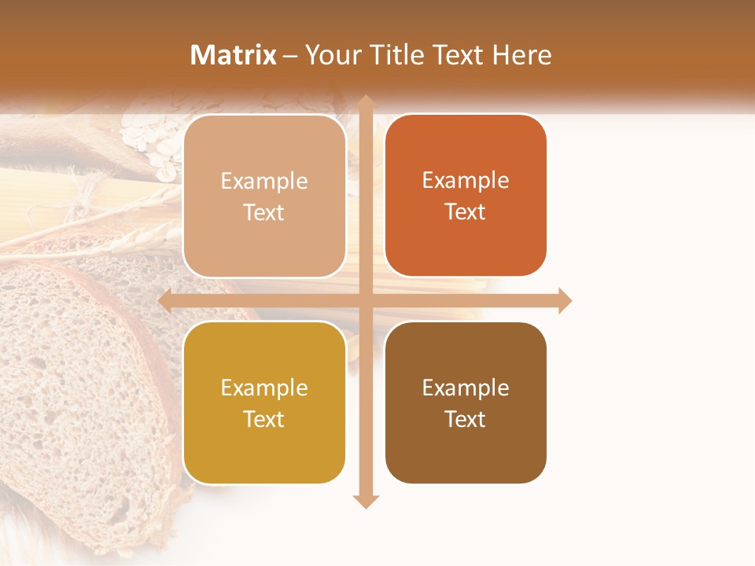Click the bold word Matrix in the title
click(x=233, y=55)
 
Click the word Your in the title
click(x=330, y=55)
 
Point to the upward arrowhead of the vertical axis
click(x=366, y=102)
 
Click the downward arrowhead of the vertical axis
click(x=366, y=501)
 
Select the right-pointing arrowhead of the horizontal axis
click(x=564, y=300)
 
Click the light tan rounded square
click(x=264, y=196)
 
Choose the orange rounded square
click(x=466, y=196)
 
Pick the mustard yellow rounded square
click(x=264, y=402)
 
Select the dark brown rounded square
click(x=466, y=402)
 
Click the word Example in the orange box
click(x=466, y=180)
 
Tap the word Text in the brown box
click(x=466, y=419)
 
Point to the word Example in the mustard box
click(x=264, y=388)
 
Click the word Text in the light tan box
click(x=264, y=212)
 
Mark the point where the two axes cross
click(x=366, y=300)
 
